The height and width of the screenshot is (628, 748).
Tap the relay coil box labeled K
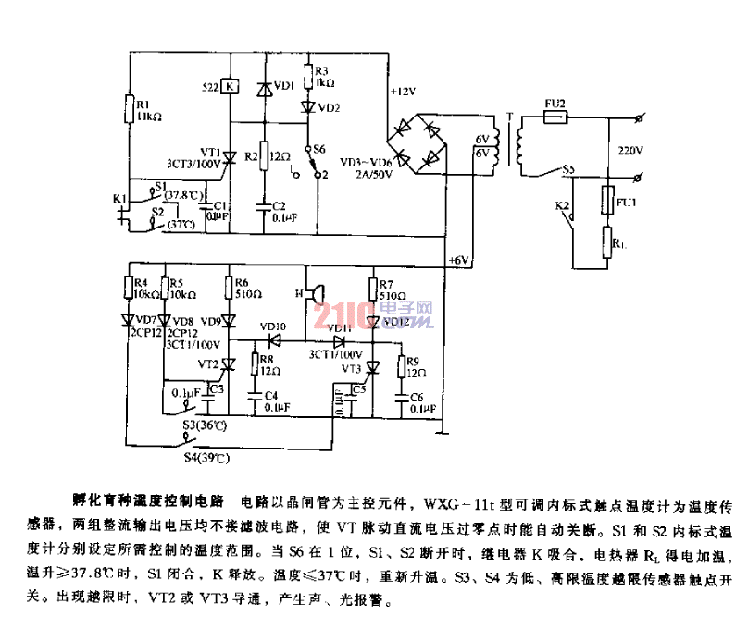231,87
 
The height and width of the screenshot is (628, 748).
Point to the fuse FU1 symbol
607,198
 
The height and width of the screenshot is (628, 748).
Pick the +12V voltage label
404,92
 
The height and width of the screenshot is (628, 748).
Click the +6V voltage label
458,260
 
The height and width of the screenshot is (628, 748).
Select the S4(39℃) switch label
206,457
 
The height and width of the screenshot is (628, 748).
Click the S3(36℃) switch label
206,425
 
